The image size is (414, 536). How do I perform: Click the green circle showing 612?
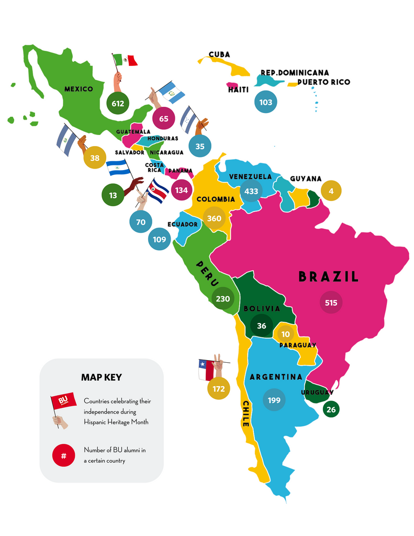118,103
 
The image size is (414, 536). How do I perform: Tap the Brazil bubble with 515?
331,303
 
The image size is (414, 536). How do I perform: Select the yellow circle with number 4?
331,191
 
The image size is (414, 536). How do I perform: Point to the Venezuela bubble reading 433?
251,191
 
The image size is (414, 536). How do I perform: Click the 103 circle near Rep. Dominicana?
266,102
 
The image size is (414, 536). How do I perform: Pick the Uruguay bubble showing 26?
331,409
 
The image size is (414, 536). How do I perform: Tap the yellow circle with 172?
219,388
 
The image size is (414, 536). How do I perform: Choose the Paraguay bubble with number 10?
285,334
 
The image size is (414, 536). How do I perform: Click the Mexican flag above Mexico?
126,60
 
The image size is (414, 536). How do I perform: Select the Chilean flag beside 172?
206,368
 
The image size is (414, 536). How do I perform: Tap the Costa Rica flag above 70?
157,191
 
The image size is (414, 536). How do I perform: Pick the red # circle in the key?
63,455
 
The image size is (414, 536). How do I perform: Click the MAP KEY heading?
102,377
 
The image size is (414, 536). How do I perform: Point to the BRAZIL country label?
329,277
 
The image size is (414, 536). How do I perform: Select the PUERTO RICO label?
323,82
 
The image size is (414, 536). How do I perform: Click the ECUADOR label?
183,225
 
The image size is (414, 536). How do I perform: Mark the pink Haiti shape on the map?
232,85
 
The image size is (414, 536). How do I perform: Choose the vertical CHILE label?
245,414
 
